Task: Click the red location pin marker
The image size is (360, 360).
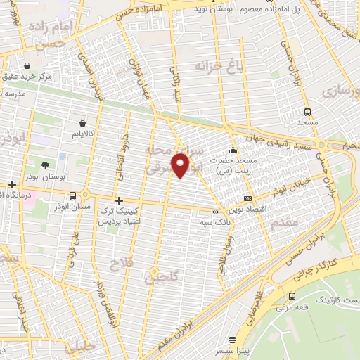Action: click(181, 166)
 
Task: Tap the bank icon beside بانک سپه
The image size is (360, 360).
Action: click(215, 212)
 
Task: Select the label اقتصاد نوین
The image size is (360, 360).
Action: click(274, 200)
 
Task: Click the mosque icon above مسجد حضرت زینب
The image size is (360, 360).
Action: click(233, 150)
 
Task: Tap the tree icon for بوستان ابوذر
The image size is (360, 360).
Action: click(45, 165)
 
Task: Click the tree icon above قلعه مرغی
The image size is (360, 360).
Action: click(292, 296)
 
